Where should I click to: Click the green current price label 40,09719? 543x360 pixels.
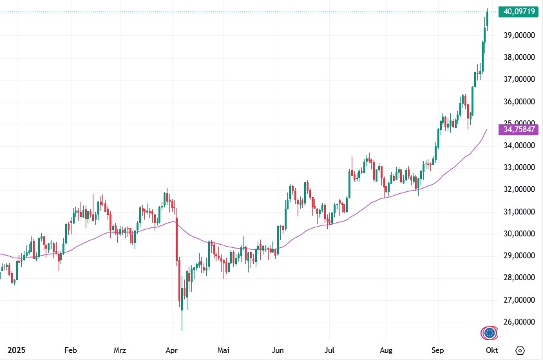point(519,12)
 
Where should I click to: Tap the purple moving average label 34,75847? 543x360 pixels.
point(519,129)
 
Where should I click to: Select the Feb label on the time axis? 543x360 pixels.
point(71,350)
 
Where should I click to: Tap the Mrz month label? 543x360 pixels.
point(120,350)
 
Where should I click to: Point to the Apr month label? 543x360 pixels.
point(172,350)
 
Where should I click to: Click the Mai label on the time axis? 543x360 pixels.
point(223,350)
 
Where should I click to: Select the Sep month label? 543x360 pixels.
point(438,350)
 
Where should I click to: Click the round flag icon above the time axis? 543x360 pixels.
point(491,333)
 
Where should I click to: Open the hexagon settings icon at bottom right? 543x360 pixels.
point(520,350)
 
